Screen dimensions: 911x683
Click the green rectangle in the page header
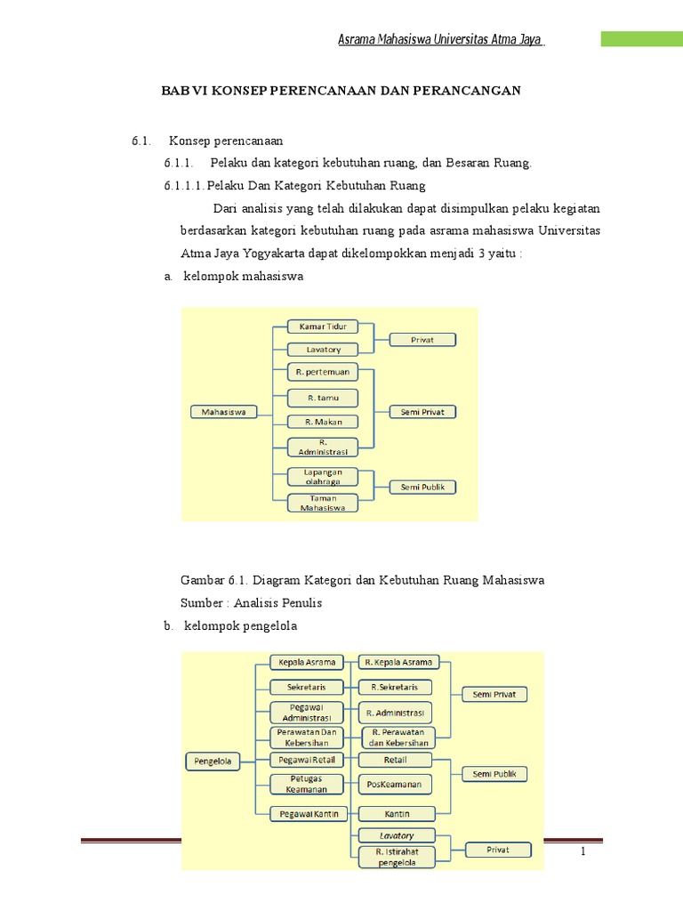click(x=641, y=39)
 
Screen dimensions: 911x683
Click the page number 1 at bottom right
click(x=583, y=852)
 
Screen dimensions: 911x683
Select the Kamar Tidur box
click(x=322, y=327)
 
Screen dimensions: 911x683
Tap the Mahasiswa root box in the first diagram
click(x=224, y=412)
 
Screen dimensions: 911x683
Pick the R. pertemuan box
click(x=322, y=372)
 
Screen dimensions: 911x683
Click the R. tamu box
click(x=322, y=398)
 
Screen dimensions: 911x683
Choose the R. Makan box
click(x=322, y=422)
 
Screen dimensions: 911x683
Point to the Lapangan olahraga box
click(x=322, y=477)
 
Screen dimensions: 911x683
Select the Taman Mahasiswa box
click(x=322, y=503)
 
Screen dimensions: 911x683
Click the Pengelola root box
click(x=214, y=761)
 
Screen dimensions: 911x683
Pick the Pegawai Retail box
click(x=305, y=760)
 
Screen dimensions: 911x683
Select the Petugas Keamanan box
click(x=305, y=784)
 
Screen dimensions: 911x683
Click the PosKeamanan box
click(x=396, y=784)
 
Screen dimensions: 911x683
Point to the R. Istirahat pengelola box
click(x=396, y=857)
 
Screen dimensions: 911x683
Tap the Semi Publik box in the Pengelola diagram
click(x=494, y=774)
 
